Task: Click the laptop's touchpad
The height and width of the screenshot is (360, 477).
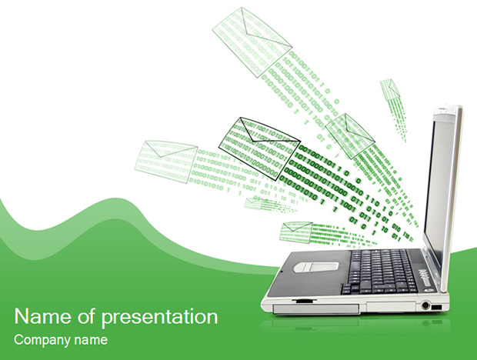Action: (x=316, y=267)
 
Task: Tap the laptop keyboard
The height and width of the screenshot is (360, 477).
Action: (x=379, y=272)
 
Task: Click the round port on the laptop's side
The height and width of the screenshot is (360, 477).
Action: (x=425, y=305)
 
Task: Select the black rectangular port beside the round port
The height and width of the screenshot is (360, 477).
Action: (x=436, y=307)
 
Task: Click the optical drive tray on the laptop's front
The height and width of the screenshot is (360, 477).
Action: (x=316, y=308)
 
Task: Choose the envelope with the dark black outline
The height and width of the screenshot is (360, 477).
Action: (x=259, y=148)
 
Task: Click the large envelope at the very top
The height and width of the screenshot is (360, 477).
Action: (x=252, y=42)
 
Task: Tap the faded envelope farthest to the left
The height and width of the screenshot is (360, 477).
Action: (x=166, y=162)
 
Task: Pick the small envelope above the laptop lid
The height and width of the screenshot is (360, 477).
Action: (x=390, y=89)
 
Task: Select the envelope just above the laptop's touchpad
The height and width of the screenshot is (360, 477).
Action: (x=296, y=232)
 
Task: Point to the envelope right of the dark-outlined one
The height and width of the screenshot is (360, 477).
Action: (x=349, y=136)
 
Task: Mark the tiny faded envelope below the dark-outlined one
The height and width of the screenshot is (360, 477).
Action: (x=254, y=203)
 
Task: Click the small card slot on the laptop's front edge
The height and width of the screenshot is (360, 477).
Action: (x=304, y=300)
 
